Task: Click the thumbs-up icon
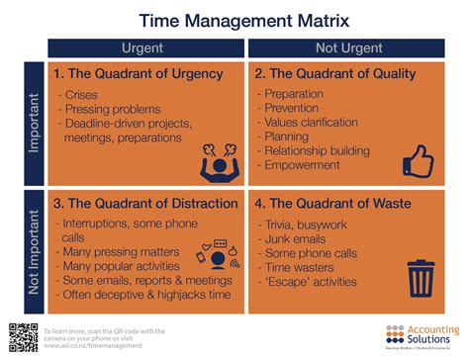tap(420, 157)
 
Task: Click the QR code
tap(23, 336)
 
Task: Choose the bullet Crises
tap(83, 96)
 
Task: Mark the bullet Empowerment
tap(306, 167)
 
